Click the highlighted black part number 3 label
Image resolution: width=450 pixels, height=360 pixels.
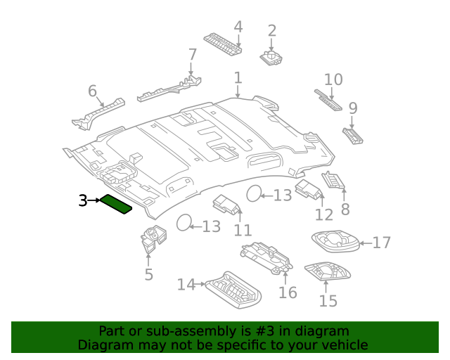point(82,201)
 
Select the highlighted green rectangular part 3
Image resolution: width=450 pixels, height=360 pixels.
point(116,204)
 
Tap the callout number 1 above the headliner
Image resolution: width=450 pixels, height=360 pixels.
point(238,78)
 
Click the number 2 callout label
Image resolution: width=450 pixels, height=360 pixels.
point(271,31)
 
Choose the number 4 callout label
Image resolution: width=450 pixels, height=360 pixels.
point(238,27)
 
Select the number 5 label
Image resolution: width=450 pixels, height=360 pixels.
point(148,274)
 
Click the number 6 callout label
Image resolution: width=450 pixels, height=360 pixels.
point(92,91)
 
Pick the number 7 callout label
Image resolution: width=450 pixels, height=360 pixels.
point(192,54)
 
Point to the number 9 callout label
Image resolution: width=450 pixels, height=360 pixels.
point(353,108)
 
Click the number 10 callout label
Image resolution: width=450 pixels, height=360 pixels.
point(333,79)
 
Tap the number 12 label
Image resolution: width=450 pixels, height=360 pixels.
point(323,215)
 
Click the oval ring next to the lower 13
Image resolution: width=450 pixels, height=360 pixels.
point(184,223)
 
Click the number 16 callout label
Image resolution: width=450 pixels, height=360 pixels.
point(288,292)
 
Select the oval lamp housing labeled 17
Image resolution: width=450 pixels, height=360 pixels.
point(335,241)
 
